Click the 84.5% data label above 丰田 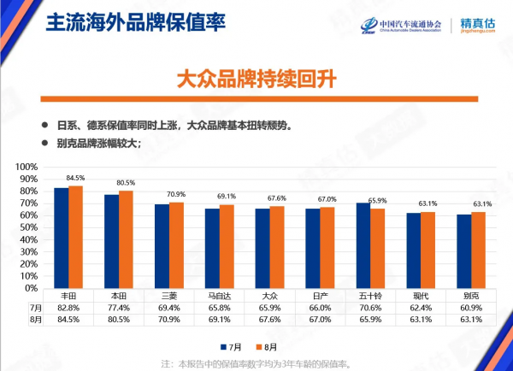click(x=75, y=179)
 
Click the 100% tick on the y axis click(x=27, y=167)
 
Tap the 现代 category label click(x=421, y=295)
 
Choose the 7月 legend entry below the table click(x=233, y=346)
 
